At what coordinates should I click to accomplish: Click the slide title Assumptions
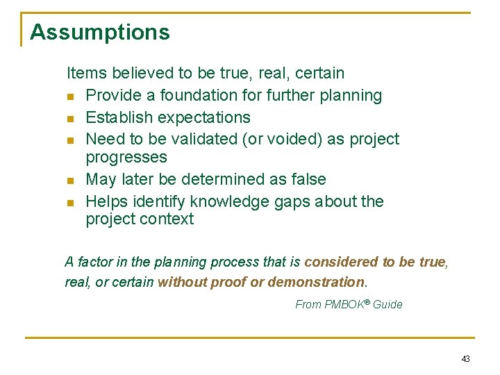pyautogui.click(x=100, y=32)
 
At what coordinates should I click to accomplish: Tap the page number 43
pyautogui.click(x=465, y=359)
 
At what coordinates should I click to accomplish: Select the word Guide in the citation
pyautogui.click(x=387, y=304)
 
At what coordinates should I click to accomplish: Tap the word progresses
pyautogui.click(x=126, y=157)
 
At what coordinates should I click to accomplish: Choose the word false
pyautogui.click(x=308, y=179)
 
